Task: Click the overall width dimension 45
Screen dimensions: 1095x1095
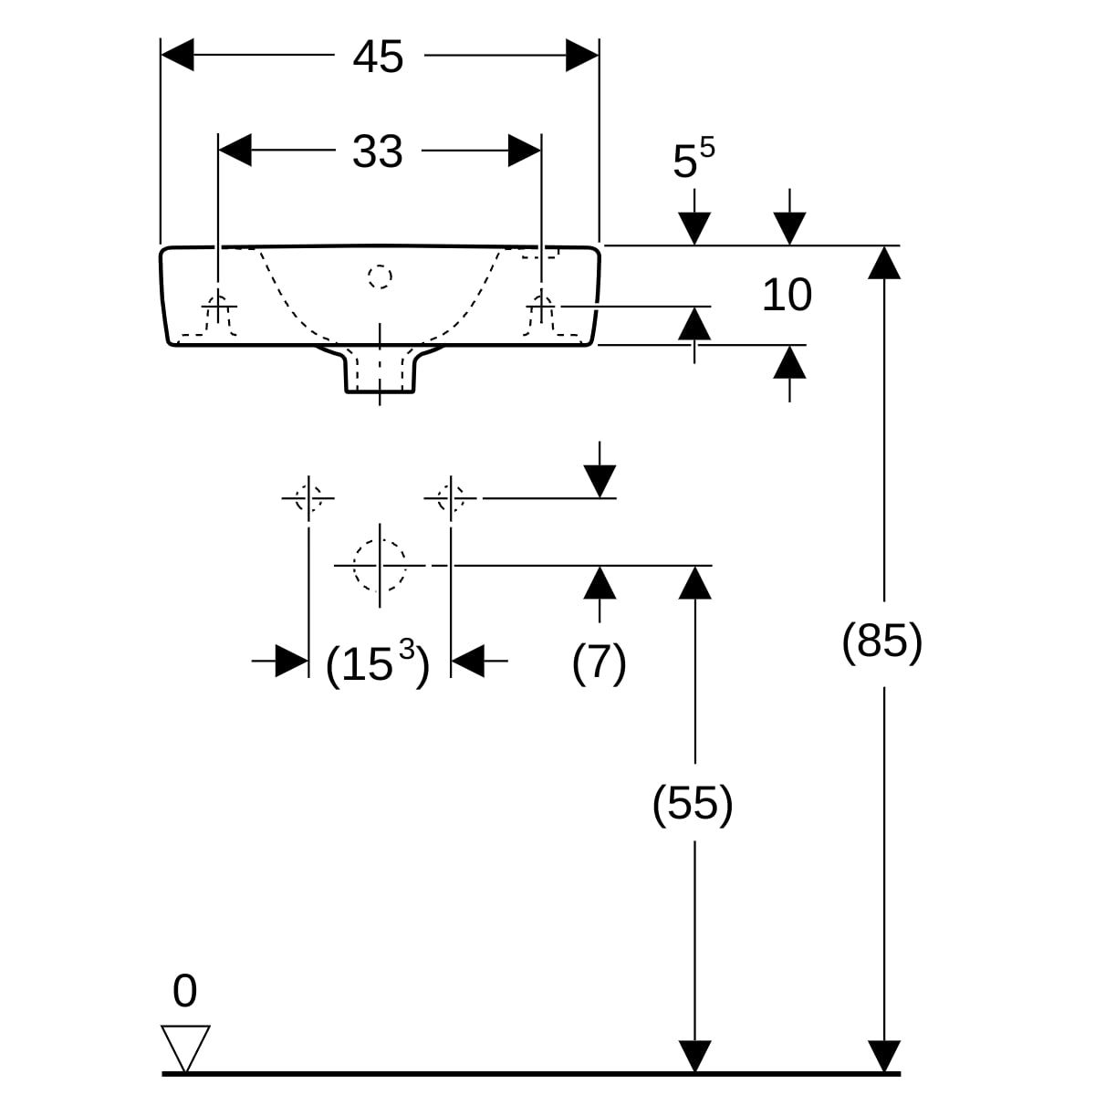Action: (x=378, y=57)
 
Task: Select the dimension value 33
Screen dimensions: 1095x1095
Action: (x=378, y=151)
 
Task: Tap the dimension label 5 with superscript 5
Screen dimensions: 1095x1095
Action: (x=693, y=161)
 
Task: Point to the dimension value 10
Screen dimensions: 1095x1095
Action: (x=787, y=296)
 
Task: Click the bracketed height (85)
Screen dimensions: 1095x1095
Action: (x=881, y=641)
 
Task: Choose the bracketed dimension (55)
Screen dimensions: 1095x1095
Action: (x=693, y=804)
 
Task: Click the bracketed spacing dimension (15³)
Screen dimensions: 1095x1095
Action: (x=377, y=663)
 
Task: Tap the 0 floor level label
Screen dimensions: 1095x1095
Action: (x=184, y=991)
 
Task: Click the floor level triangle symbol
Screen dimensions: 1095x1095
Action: (x=185, y=1046)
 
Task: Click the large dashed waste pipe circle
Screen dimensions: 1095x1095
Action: (x=380, y=565)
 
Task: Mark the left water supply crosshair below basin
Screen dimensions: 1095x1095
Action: (x=308, y=498)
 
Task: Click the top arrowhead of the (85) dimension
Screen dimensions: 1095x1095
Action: (x=883, y=262)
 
